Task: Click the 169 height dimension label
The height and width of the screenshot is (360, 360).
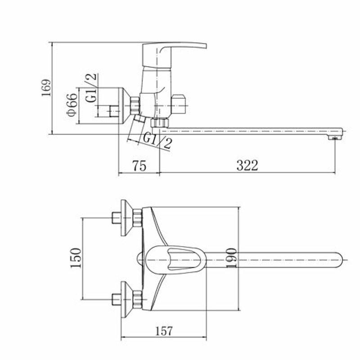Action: (x=46, y=88)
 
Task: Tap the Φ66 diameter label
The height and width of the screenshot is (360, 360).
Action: (x=72, y=105)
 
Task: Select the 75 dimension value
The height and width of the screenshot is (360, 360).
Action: (x=139, y=166)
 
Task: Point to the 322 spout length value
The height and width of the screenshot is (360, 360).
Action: (x=247, y=165)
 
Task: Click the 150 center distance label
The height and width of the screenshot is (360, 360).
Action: (x=76, y=258)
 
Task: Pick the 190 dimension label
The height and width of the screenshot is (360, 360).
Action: (x=231, y=258)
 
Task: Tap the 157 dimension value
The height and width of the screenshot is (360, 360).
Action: (x=164, y=331)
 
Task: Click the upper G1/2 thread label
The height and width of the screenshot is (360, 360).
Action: (x=92, y=88)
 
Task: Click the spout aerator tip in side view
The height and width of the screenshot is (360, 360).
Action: (x=334, y=137)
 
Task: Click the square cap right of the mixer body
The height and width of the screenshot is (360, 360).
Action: (x=179, y=104)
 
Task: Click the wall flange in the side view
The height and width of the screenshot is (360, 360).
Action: (x=124, y=106)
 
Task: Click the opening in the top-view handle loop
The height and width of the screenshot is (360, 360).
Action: (x=180, y=259)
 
